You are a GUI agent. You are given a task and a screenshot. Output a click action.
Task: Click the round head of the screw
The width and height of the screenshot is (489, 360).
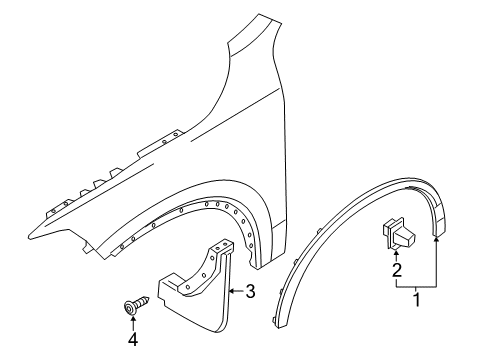tap(130, 303)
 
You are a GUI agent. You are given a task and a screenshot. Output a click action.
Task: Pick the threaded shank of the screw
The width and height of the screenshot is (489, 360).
tap(143, 302)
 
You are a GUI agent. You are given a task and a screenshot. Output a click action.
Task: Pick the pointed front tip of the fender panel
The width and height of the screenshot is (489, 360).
tap(30, 232)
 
